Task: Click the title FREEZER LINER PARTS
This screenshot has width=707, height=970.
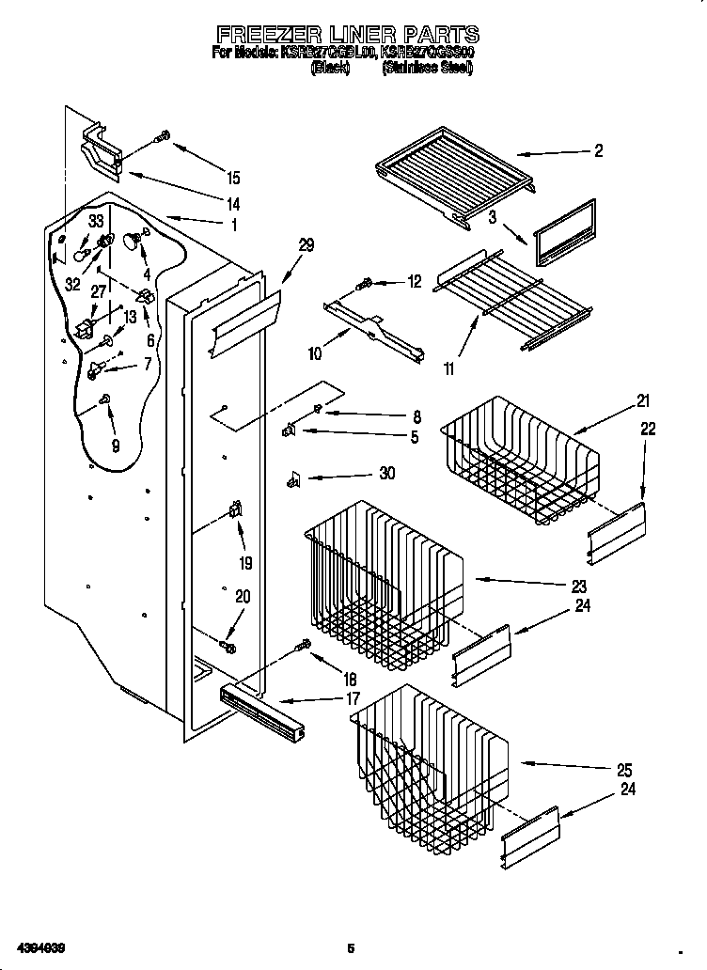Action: point(344,35)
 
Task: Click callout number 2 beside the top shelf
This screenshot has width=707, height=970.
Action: point(598,151)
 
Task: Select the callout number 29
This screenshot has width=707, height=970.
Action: point(306,245)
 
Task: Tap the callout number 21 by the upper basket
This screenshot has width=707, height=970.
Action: point(643,402)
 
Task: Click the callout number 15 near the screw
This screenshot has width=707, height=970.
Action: point(232,178)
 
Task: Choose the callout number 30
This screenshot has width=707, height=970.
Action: point(386,475)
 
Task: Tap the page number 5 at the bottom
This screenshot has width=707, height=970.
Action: point(351,947)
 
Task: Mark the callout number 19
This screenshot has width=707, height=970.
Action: point(245,564)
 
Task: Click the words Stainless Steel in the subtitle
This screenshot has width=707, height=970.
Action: point(427,69)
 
